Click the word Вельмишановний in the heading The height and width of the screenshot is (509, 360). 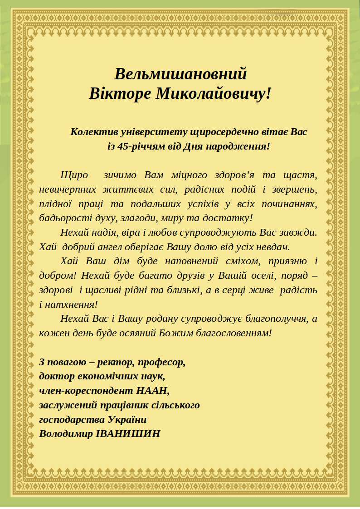180,74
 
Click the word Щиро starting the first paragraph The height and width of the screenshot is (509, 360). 74,175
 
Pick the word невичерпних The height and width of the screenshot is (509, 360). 64,189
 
